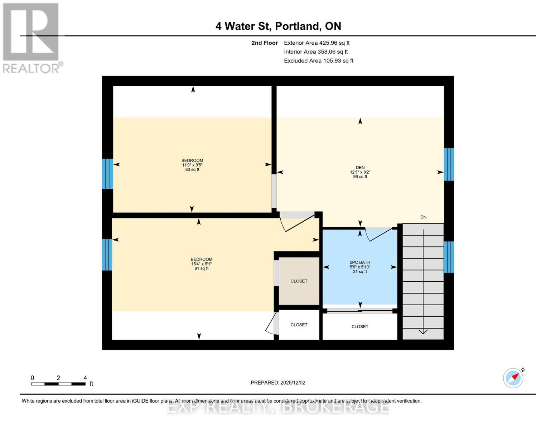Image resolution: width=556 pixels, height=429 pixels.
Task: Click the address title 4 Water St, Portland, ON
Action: click(278, 26)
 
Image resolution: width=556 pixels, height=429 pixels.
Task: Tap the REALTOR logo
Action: click(32, 38)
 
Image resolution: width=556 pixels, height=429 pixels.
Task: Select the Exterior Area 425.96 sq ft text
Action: click(316, 43)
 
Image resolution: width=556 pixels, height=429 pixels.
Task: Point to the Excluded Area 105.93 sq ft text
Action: click(318, 61)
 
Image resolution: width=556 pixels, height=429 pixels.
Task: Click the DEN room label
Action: click(360, 167)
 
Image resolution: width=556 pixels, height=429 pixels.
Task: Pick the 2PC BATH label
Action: click(360, 262)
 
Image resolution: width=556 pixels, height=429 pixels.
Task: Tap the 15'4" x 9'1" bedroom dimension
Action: click(201, 264)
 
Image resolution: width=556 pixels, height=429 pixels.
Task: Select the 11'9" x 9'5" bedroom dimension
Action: click(192, 165)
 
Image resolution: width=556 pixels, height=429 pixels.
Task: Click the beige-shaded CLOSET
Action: click(299, 281)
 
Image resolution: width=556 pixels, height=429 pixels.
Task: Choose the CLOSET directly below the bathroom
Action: click(360, 326)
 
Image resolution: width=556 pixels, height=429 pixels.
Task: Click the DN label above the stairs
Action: click(423, 217)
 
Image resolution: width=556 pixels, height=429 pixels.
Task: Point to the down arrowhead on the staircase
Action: click(423, 331)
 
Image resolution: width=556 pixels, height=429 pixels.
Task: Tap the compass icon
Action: click(513, 378)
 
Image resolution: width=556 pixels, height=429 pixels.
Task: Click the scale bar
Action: click(58, 384)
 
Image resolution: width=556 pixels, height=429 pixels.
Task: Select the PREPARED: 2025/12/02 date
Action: click(278, 383)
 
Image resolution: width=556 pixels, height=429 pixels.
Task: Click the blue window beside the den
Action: click(449, 164)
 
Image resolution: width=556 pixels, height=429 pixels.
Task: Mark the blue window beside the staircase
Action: click(449, 257)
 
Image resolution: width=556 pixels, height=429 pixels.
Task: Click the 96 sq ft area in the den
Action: click(360, 177)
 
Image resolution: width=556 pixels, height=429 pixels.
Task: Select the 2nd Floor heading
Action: click(265, 43)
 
